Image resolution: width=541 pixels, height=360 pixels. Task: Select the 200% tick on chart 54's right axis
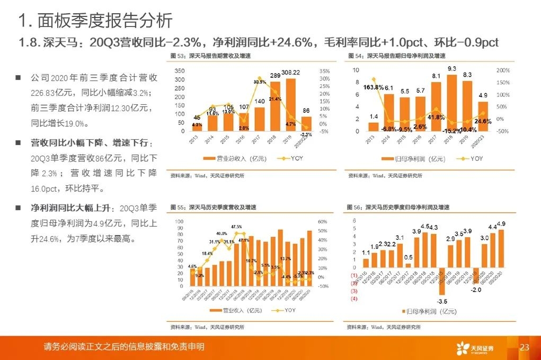click(x=503, y=70)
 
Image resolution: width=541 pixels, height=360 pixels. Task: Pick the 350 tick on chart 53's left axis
click(x=180, y=70)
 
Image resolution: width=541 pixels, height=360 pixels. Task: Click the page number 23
click(x=525, y=347)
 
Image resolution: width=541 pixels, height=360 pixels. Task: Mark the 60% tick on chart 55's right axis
click(x=323, y=221)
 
